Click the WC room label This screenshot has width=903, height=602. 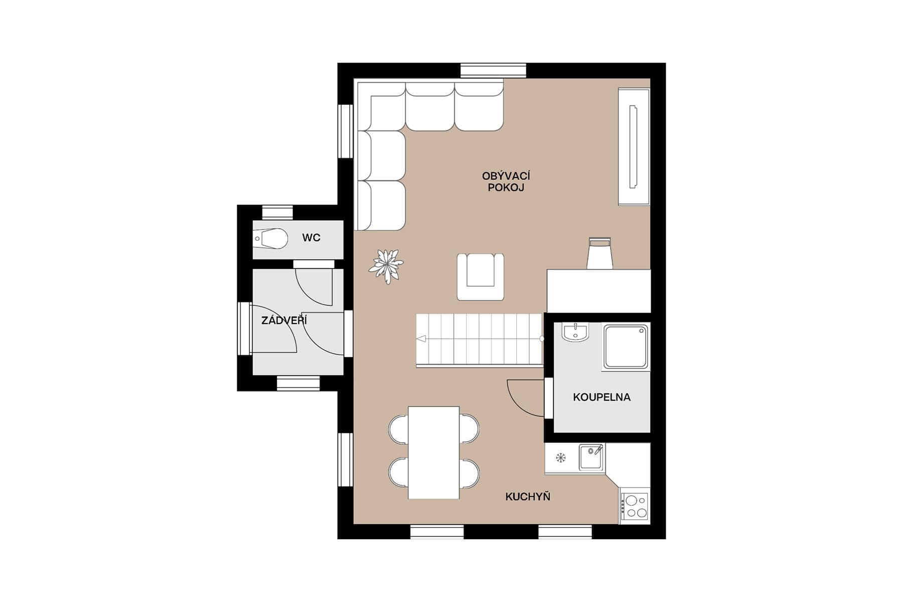pyautogui.click(x=311, y=238)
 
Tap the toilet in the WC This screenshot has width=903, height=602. pyautogui.click(x=271, y=239)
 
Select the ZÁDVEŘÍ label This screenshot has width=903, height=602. pyautogui.click(x=284, y=320)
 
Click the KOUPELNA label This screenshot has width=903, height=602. pyautogui.click(x=601, y=397)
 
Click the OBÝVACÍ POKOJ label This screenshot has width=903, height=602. pyautogui.click(x=506, y=182)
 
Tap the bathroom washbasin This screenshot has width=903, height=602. pyautogui.click(x=575, y=332)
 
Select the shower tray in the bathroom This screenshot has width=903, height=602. pyautogui.click(x=625, y=347)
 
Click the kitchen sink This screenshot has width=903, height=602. pyautogui.click(x=591, y=457)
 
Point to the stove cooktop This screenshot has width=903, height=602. pyautogui.click(x=635, y=507)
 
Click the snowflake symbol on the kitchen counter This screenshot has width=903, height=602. pyautogui.click(x=561, y=458)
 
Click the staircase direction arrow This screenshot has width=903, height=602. pyautogui.click(x=421, y=339)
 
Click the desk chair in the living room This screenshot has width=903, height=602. pyautogui.click(x=599, y=253)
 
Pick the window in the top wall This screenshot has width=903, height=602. pyautogui.click(x=493, y=70)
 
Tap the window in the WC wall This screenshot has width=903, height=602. pyautogui.click(x=277, y=212)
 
